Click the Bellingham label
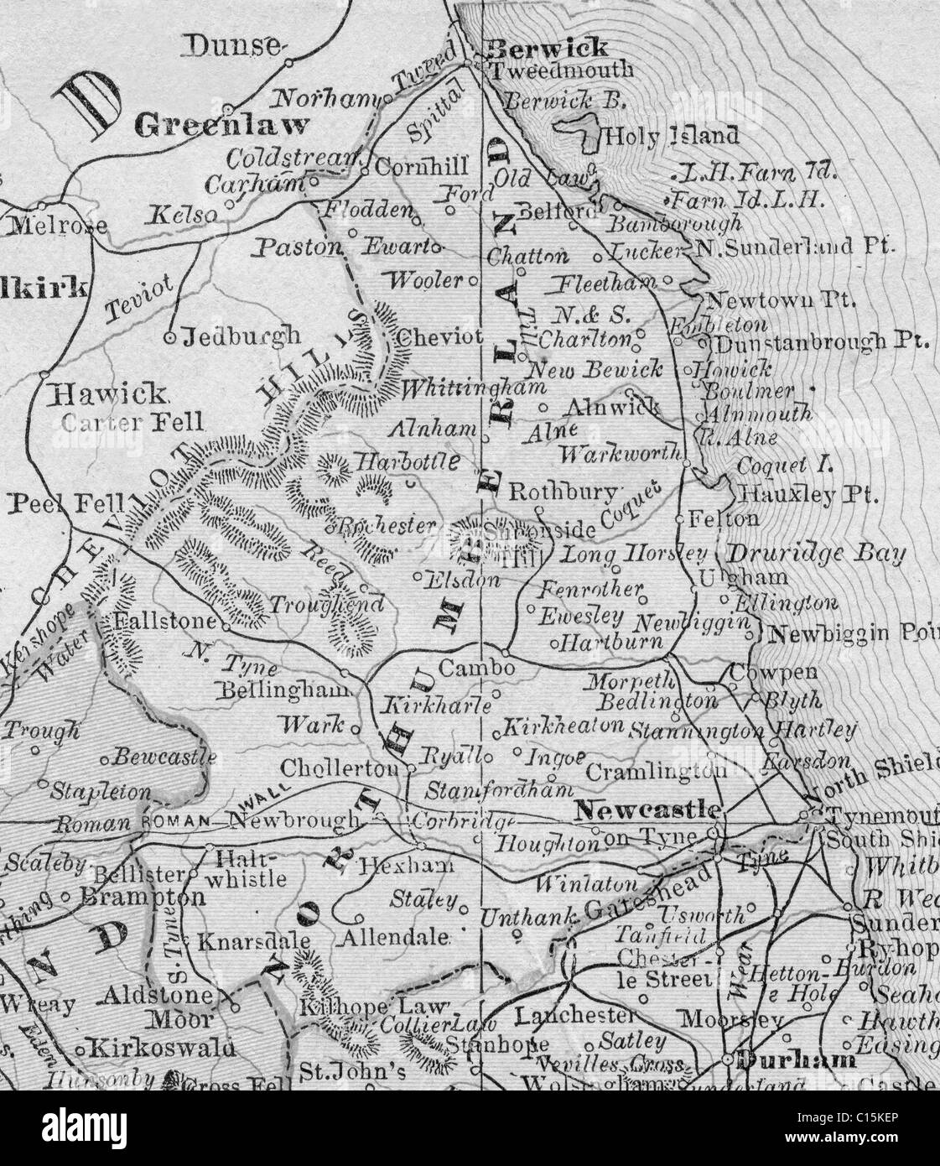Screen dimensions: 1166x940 [282, 691]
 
